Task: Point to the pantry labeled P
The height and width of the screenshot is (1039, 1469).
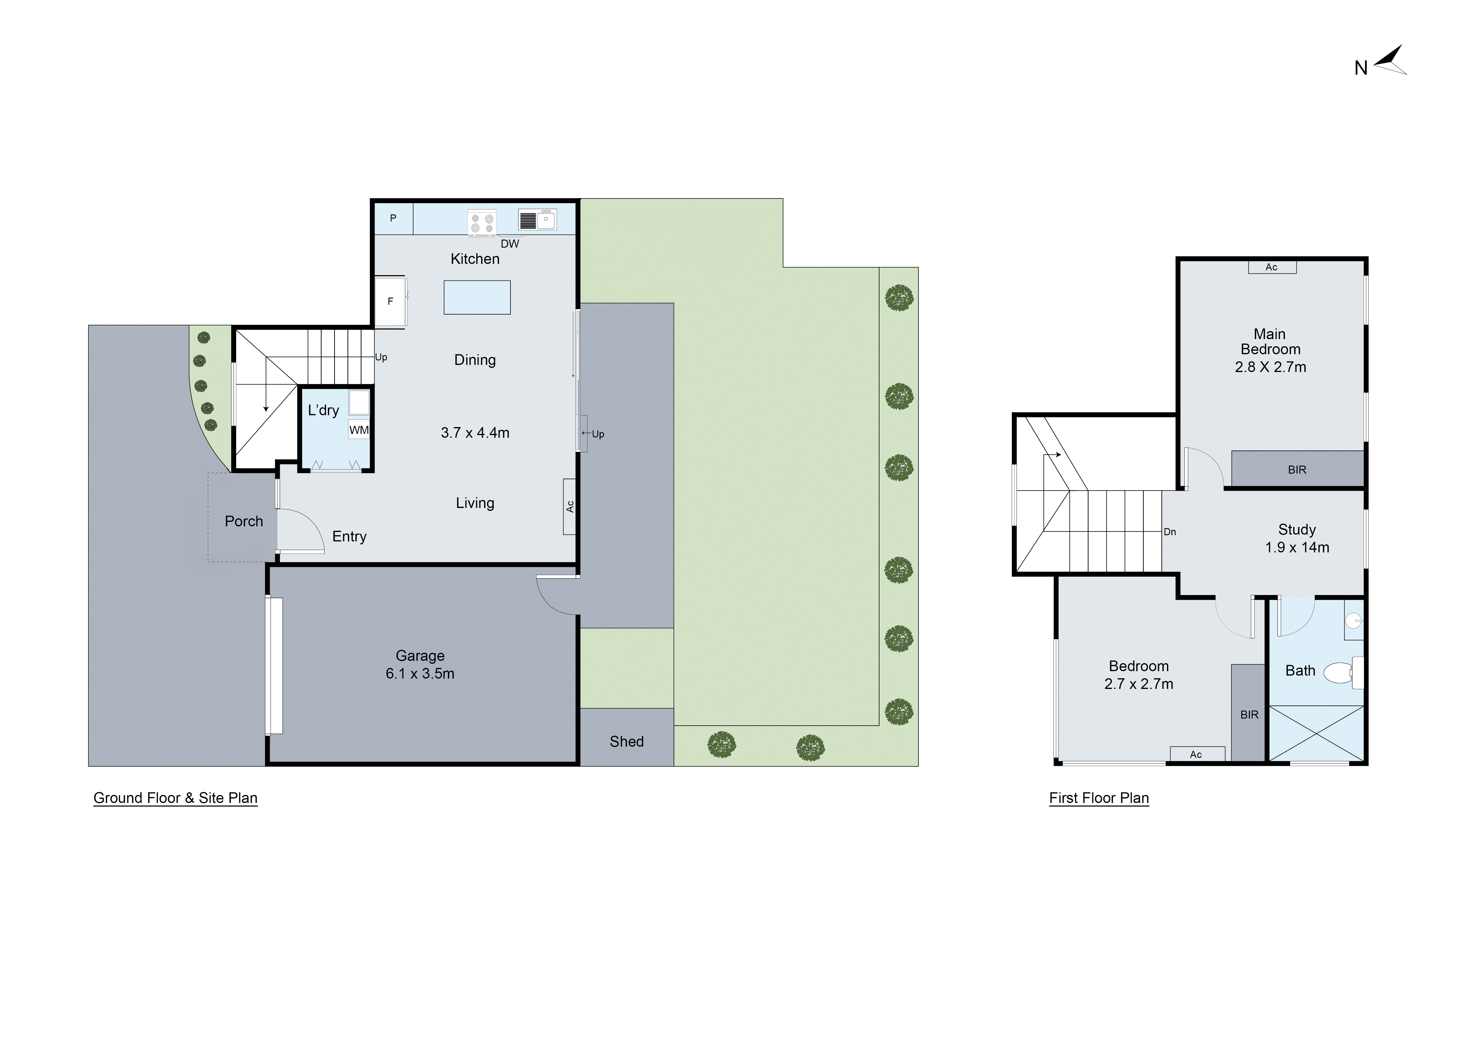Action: (393, 218)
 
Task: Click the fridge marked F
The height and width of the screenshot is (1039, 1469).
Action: (390, 301)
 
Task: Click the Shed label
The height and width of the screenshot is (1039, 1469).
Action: (626, 742)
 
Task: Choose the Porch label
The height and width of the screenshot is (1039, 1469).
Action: (244, 521)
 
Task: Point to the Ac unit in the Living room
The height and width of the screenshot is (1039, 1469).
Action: (569, 507)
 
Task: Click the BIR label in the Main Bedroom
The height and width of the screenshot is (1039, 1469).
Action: (1297, 470)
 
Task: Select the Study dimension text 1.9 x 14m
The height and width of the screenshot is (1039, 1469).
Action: (1297, 548)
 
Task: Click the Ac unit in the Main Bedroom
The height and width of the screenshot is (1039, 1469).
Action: (1271, 267)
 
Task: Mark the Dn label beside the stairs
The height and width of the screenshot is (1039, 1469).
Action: (1170, 532)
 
